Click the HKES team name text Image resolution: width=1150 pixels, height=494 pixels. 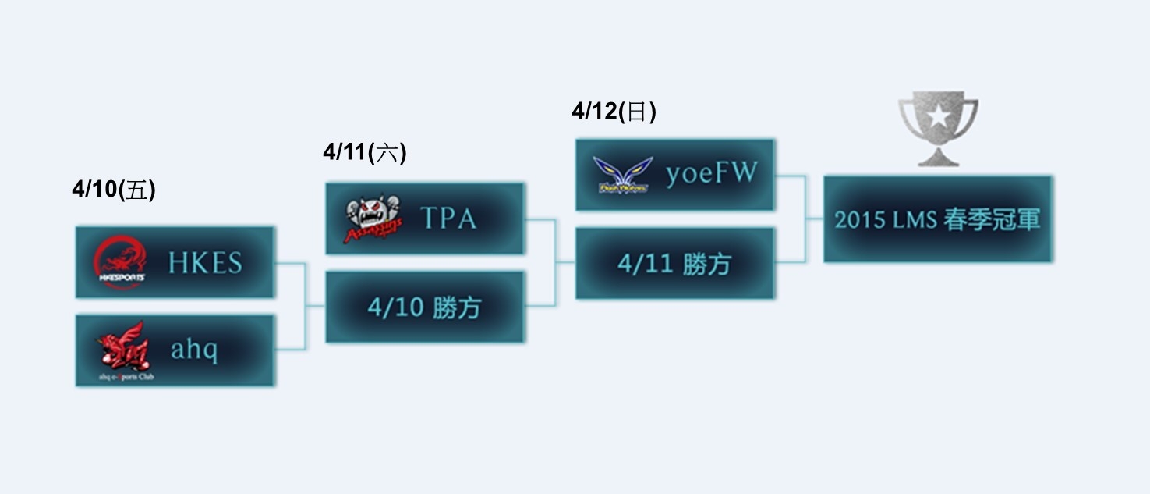205,263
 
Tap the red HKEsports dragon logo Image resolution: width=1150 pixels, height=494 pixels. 119,262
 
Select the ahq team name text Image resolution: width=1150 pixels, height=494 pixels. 194,350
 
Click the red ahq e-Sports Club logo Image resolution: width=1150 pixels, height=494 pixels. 120,348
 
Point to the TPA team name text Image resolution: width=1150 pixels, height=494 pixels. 448,219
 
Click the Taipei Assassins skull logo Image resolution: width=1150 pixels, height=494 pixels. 373,219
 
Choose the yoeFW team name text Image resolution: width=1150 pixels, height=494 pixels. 711,174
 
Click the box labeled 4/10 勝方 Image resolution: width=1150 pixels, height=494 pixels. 425,307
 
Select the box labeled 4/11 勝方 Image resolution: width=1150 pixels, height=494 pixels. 674,264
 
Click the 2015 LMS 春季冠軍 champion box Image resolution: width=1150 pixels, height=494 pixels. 937,219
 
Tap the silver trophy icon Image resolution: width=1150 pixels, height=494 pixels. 938,129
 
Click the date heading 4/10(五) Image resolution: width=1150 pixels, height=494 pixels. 114,190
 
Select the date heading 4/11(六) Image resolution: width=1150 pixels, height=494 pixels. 365,151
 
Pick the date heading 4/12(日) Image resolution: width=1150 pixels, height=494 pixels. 614,112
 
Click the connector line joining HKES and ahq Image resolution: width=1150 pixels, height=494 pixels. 305,306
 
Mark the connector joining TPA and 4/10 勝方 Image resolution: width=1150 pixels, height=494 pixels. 555,262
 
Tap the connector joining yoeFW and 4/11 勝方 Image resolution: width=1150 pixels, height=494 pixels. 805,219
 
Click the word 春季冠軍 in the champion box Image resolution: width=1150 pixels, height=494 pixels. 991,219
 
